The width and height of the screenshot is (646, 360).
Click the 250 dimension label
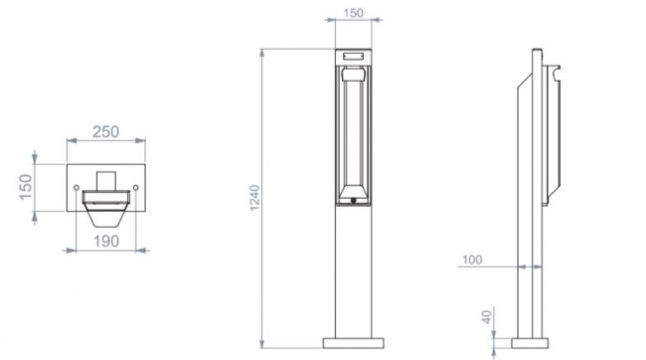106,132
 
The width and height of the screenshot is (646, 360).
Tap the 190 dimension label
106,242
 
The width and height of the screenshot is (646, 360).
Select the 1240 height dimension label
255,198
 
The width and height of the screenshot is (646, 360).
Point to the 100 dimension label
472,260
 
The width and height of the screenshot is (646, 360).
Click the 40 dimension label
487,317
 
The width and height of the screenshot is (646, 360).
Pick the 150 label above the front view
353,13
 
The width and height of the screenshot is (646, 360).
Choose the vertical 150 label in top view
26,187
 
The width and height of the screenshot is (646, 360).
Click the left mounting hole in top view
77,188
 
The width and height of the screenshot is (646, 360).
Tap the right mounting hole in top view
135,188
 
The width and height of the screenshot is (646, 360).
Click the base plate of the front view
354,343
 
